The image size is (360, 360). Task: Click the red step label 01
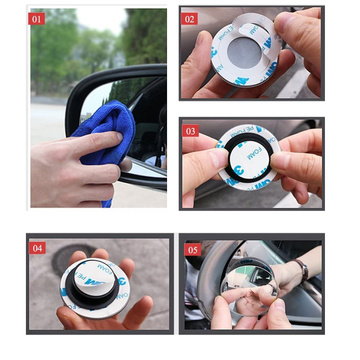[37, 17]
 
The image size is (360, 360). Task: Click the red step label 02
[190, 17]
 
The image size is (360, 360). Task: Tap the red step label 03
[190, 130]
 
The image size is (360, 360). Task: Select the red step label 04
[37, 246]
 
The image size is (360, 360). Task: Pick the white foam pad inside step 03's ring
[251, 163]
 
